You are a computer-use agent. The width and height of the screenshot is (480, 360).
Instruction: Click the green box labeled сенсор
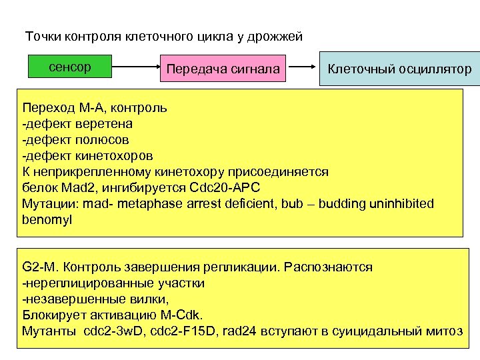tap(69, 68)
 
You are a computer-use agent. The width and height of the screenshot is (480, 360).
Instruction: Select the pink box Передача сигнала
tap(223, 69)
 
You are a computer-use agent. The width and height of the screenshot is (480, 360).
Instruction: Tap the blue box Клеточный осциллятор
tap(399, 69)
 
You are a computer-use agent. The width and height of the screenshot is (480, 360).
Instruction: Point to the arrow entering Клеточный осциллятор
tap(305, 67)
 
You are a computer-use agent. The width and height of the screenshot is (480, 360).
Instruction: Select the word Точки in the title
tap(41, 36)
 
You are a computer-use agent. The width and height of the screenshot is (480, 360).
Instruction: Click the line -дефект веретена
tap(77, 123)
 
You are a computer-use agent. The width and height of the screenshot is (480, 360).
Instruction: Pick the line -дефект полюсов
tap(75, 140)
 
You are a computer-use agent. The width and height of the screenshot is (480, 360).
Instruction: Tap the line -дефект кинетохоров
tap(87, 156)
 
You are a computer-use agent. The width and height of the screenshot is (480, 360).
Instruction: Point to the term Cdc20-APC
tap(224, 187)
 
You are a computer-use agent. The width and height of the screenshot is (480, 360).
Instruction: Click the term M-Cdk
tap(185, 315)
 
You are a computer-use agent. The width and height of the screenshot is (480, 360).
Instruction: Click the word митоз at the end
tap(444, 331)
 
